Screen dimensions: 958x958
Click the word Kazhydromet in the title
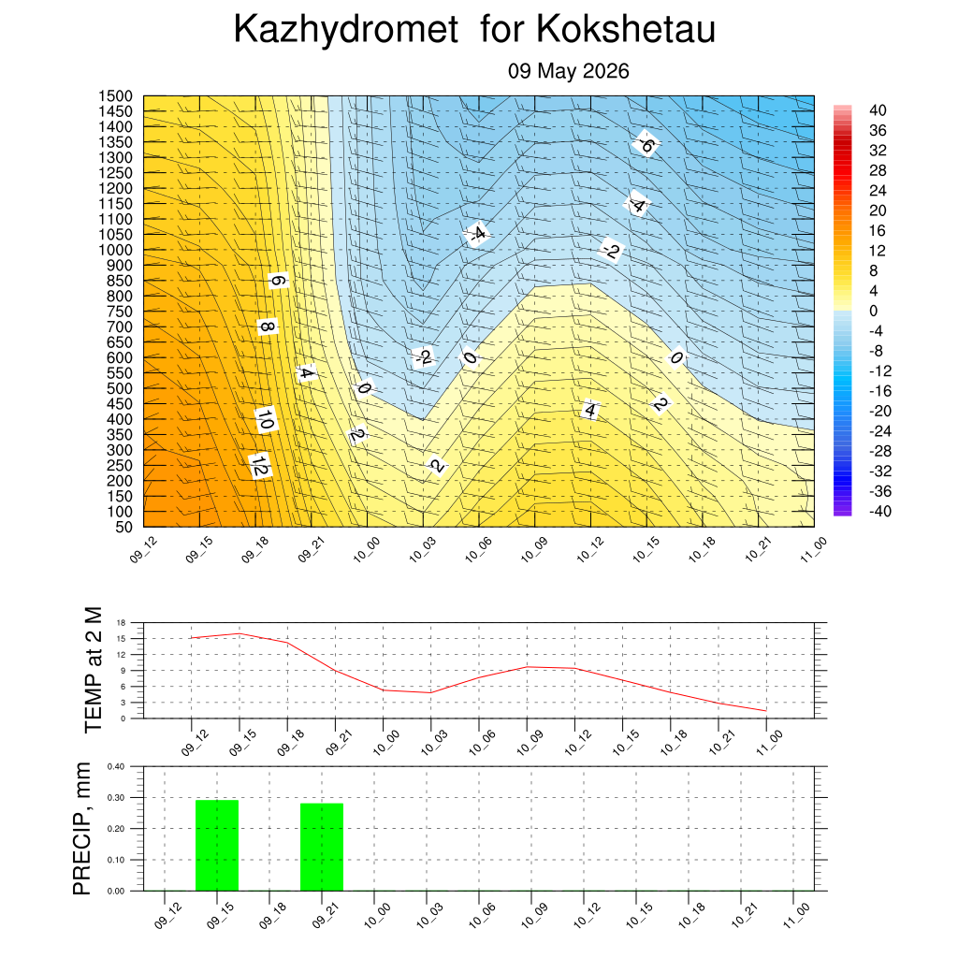coord(346,29)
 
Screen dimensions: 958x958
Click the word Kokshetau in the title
coord(626,28)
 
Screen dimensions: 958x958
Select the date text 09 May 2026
coord(568,71)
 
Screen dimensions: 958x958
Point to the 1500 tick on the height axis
coord(115,96)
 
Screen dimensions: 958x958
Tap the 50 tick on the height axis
coord(124,527)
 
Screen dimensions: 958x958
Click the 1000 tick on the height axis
coord(115,250)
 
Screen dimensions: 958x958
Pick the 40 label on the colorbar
coord(878,110)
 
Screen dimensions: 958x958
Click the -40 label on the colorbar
coord(879,512)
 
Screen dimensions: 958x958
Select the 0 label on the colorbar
coord(873,311)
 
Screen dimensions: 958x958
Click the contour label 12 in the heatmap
coord(260,466)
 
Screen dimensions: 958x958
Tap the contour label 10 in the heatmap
coord(265,420)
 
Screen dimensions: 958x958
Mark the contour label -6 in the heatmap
coord(646,145)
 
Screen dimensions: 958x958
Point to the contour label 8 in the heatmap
coord(267,327)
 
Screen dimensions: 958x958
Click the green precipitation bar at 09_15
coord(217,845)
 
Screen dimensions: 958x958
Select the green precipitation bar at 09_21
coord(322,847)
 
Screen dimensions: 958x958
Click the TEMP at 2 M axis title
coord(93,670)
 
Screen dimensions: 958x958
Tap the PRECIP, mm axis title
coord(81,829)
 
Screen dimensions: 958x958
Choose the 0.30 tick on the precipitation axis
coord(115,798)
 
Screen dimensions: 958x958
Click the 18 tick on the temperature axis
coord(121,623)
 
